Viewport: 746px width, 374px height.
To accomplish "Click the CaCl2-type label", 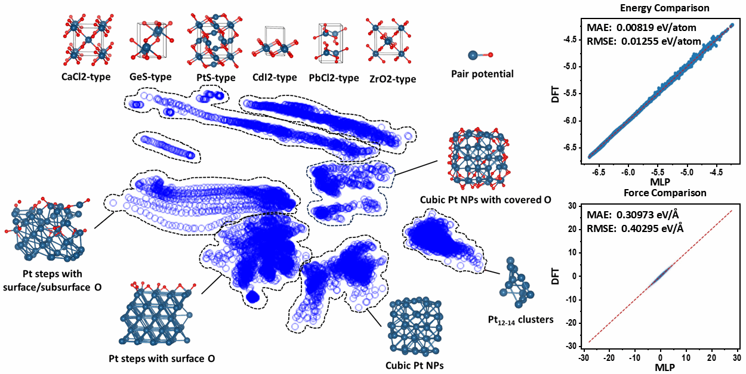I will pyautogui.click(x=86, y=77).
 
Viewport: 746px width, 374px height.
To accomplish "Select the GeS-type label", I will pyautogui.click(x=150, y=77).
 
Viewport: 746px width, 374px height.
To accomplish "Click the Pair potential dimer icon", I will pyautogui.click(x=480, y=55).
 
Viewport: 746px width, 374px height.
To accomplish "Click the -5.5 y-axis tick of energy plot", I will pyautogui.click(x=572, y=93).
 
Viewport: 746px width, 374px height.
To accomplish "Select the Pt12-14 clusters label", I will pyautogui.click(x=520, y=320).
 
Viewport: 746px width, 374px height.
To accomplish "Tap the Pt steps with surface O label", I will pyautogui.click(x=161, y=358).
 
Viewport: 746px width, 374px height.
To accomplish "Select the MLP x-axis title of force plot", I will pyautogui.click(x=661, y=367).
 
